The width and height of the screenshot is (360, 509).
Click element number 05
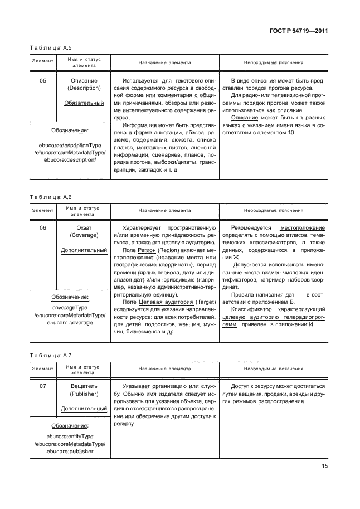pos(42,80)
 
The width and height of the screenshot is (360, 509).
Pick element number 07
pos(42,386)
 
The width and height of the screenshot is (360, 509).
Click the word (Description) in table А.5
pos(84,88)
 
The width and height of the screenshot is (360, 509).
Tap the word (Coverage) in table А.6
pos(84,236)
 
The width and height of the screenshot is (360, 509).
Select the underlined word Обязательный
pos(84,103)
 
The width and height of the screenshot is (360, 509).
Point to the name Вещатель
pos(84,386)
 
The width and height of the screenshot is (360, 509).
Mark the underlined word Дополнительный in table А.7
pos(84,408)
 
